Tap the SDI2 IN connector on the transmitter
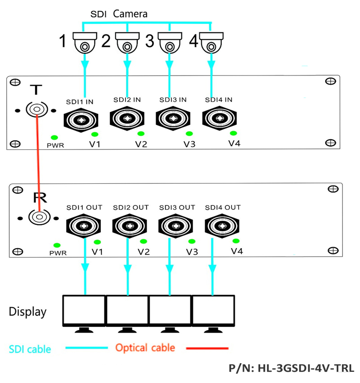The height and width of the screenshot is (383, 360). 127,118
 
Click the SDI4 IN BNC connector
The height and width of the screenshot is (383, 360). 218,118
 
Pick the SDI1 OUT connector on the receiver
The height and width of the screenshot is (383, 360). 84,225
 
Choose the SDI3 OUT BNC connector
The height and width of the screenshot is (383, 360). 176,225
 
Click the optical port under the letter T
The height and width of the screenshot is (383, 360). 36,110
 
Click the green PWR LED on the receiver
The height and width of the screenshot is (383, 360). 57,245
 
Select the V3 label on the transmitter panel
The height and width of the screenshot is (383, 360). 189,144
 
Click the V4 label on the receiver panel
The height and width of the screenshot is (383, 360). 237,251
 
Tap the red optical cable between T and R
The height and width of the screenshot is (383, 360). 38,166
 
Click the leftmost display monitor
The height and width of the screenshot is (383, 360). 84,311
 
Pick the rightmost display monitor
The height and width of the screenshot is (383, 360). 213,311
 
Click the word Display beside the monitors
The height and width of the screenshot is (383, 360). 28,312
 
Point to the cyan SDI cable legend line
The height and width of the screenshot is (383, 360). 86,348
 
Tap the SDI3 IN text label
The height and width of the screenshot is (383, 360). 173,100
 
